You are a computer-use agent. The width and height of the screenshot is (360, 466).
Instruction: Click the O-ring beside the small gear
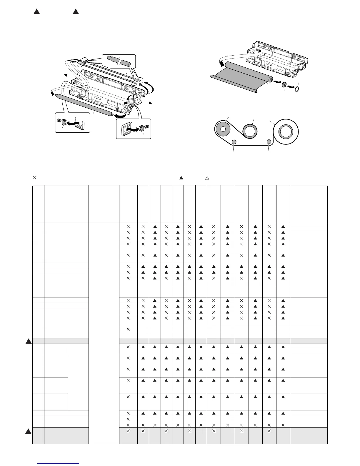298,89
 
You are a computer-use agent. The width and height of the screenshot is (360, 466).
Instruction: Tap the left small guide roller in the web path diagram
234,142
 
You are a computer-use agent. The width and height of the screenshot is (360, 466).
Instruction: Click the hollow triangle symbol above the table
207,178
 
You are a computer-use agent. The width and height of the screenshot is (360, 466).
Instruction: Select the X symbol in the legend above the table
34,177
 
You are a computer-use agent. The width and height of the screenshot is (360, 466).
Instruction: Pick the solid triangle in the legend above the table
181,178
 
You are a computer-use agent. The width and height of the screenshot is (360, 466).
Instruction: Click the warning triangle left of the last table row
28,432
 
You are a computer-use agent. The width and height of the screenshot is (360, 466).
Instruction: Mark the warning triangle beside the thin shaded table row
28,341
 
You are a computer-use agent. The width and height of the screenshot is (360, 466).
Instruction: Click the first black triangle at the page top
36,11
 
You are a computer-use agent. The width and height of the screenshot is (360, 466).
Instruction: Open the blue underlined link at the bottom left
59,463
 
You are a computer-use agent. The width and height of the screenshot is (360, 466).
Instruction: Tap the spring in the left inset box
59,120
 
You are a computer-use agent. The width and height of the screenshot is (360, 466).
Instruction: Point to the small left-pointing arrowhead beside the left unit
66,75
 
